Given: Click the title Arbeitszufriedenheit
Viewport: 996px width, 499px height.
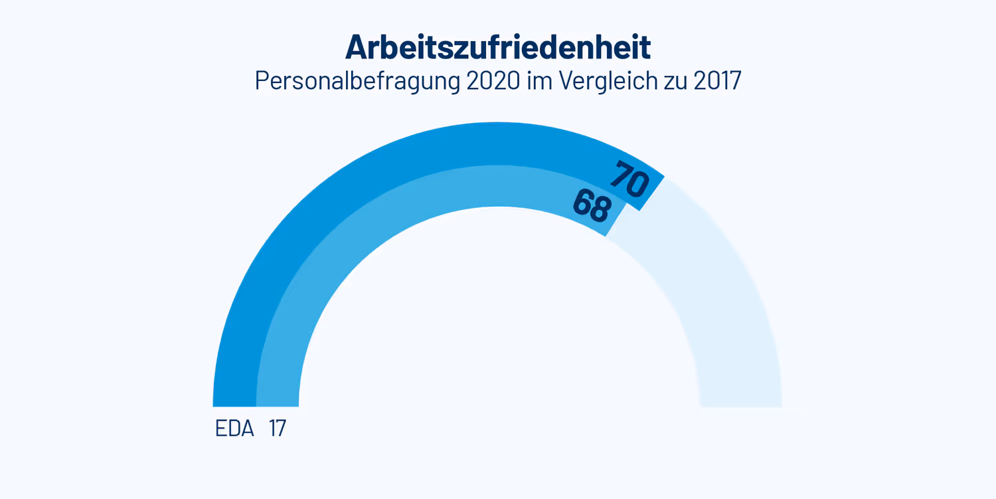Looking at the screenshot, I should tap(497, 47).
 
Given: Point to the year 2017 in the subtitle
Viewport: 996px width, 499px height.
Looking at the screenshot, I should tap(716, 81).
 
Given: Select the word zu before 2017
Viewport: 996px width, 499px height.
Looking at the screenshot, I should tap(674, 81).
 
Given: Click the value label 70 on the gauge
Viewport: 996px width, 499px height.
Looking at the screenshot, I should tap(629, 180).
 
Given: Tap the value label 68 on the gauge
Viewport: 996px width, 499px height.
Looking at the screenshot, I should tap(592, 206).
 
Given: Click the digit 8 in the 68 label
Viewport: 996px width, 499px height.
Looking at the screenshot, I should tap(600, 211).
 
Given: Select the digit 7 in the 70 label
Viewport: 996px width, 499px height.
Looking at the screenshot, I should tap(622, 174).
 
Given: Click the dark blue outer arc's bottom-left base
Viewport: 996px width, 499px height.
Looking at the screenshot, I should tap(234, 399).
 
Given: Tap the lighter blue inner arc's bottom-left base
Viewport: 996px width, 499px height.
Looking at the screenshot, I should tap(278, 399).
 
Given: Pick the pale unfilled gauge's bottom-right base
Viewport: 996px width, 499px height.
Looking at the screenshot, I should tap(740, 399).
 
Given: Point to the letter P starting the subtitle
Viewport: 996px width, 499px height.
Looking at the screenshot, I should tap(262, 81).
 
